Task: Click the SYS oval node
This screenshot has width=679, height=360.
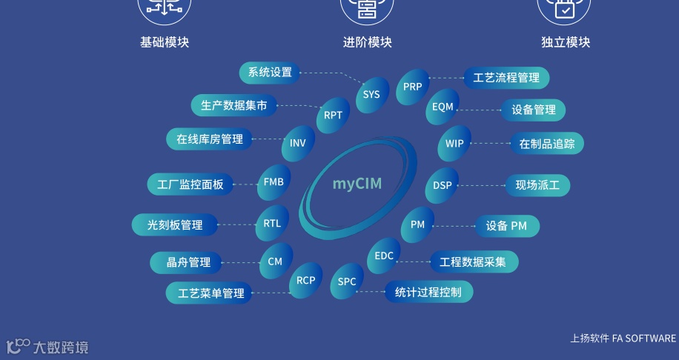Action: pyautogui.click(x=371, y=94)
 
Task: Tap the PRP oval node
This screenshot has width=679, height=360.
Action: pyautogui.click(x=413, y=87)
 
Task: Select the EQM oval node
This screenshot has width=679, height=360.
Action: pyautogui.click(x=443, y=107)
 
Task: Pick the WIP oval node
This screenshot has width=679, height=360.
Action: pyautogui.click(x=454, y=143)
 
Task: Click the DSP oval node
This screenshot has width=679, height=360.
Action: pyautogui.click(x=443, y=185)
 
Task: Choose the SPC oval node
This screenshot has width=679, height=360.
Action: pyautogui.click(x=347, y=281)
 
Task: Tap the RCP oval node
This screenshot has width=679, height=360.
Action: pyautogui.click(x=306, y=280)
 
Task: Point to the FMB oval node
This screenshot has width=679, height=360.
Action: pyautogui.click(x=274, y=183)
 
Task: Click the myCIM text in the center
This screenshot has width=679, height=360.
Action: pyautogui.click(x=357, y=184)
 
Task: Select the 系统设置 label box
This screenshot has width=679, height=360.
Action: pyautogui.click(x=270, y=73)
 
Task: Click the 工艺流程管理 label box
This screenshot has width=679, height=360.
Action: pyautogui.click(x=506, y=77)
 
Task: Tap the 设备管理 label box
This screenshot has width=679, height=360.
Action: pyautogui.click(x=533, y=110)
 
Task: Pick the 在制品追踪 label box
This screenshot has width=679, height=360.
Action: pyautogui.click(x=547, y=144)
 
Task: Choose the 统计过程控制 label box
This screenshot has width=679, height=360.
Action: pyautogui.click(x=428, y=292)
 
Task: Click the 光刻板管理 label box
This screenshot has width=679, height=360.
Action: pyautogui.click(x=175, y=224)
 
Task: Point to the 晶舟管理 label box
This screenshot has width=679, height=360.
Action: pyautogui.click(x=190, y=262)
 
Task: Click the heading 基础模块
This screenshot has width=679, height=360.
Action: pyautogui.click(x=165, y=42)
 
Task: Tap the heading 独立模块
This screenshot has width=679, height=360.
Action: pyautogui.click(x=566, y=42)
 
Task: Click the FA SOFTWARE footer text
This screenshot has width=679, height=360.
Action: pyautogui.click(x=644, y=339)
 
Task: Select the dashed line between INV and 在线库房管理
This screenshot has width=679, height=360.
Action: pyautogui.click(x=268, y=139)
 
